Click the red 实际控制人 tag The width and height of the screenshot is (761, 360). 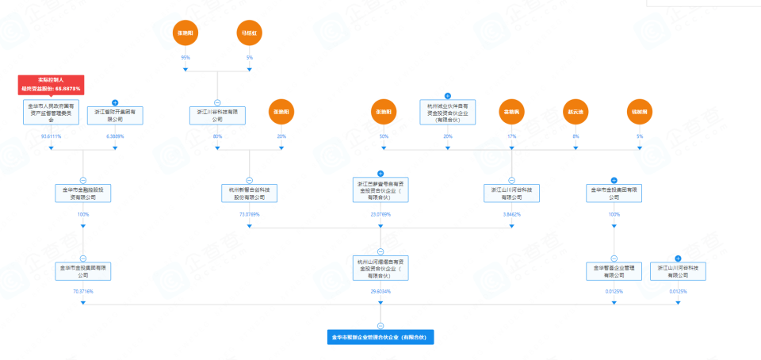pyautogui.click(x=52, y=84)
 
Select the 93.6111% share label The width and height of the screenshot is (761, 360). pyautogui.click(x=52, y=136)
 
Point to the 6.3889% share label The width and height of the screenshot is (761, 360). pyautogui.click(x=115, y=136)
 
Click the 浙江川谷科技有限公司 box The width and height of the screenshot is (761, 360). pyautogui.click(x=217, y=115)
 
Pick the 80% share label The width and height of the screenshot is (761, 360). pyautogui.click(x=217, y=136)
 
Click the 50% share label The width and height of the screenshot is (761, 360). pyautogui.click(x=384, y=136)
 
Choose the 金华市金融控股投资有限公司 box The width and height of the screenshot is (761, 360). pyautogui.click(x=83, y=193)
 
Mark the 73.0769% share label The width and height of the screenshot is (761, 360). pyautogui.click(x=249, y=214)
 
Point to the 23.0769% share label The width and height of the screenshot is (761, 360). pyautogui.click(x=380, y=214)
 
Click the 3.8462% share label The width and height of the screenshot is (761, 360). pyautogui.click(x=511, y=214)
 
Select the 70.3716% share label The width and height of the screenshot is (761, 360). pyautogui.click(x=83, y=292)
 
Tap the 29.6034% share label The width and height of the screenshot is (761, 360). pyautogui.click(x=380, y=292)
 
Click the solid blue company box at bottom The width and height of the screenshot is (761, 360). pyautogui.click(x=380, y=337)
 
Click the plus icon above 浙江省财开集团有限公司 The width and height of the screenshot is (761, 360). pyautogui.click(x=115, y=103)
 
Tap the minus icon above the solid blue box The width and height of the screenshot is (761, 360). pyautogui.click(x=380, y=326)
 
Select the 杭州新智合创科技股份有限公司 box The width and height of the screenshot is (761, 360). pyautogui.click(x=249, y=193)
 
